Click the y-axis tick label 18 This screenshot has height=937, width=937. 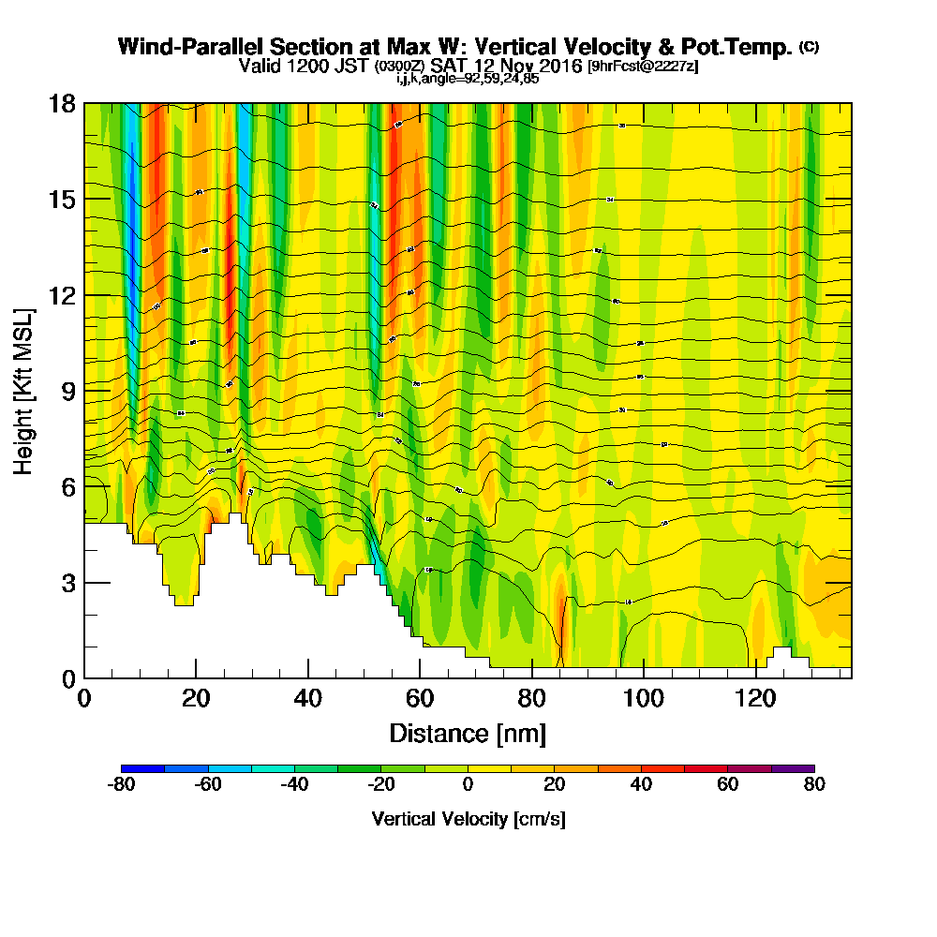pos(61,103)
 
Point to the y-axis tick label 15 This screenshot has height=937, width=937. pos(61,200)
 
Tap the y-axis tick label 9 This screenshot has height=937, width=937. pos(67,391)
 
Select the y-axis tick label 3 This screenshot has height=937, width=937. pos(67,583)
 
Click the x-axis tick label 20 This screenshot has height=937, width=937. pos(195,700)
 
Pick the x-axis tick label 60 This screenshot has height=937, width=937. pos(420,700)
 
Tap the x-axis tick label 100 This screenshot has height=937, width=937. pos(643,700)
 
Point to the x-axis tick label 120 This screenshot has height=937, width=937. pos(755,700)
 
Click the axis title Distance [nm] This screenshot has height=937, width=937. pos(467,733)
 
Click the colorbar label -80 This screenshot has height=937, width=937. pos(122,785)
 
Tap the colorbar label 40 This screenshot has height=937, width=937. pos(641,785)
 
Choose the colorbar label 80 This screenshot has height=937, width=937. pos(814,785)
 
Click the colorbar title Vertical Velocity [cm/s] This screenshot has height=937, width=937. pos(468,819)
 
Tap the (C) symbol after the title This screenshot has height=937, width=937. pos(809,47)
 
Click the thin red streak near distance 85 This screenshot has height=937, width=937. pos(563,628)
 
